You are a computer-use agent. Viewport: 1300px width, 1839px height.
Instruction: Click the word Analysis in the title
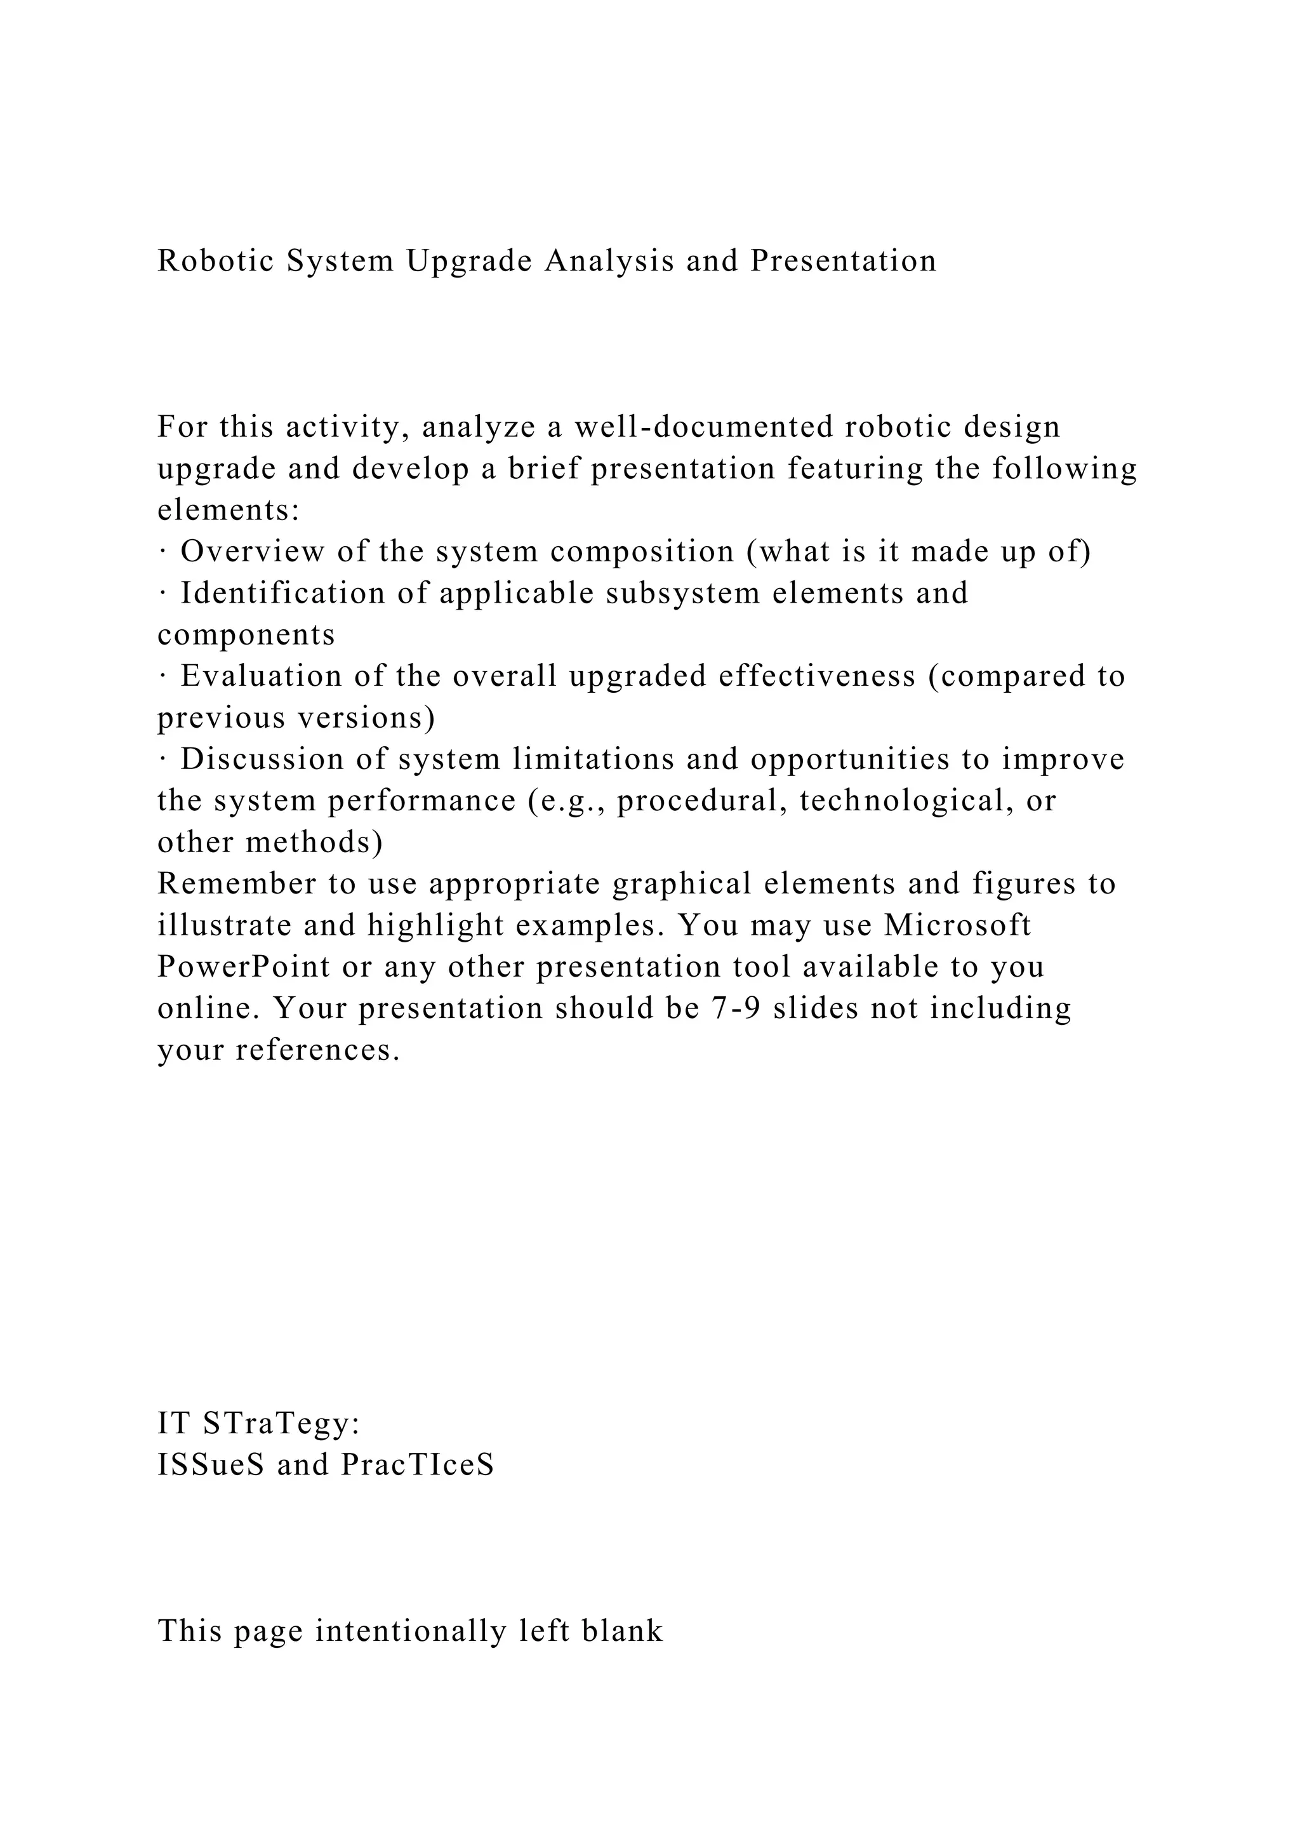click(608, 262)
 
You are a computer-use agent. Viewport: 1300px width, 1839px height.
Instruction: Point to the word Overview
click(252, 552)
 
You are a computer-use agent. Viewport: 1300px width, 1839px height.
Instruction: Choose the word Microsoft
click(957, 926)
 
